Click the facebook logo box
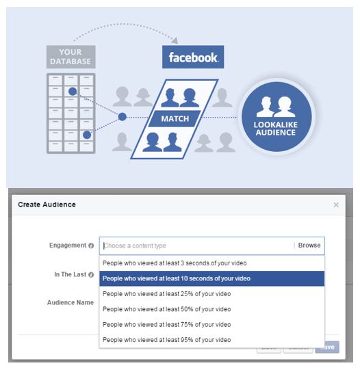pyautogui.click(x=193, y=57)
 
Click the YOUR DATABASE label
pyautogui.click(x=70, y=57)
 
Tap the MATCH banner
pyautogui.click(x=175, y=118)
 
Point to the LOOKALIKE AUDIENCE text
pyautogui.click(x=276, y=129)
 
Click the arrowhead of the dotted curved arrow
pyautogui.click(x=175, y=40)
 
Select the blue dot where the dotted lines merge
pyautogui.click(x=123, y=117)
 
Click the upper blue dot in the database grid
pyautogui.click(x=73, y=92)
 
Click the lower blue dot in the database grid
pyautogui.click(x=87, y=135)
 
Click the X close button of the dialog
pyautogui.click(x=336, y=204)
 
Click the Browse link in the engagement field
pyautogui.click(x=309, y=246)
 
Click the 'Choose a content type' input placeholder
pyautogui.click(x=135, y=246)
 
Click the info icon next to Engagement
pyautogui.click(x=91, y=246)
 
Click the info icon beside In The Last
pyautogui.click(x=91, y=275)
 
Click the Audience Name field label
pyautogui.click(x=70, y=302)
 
